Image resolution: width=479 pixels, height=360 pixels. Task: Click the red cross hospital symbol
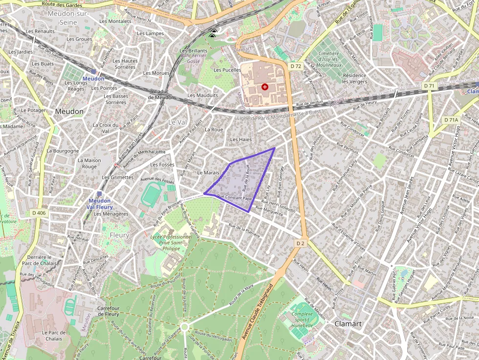point(265,87)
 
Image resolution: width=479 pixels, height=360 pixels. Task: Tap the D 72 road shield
point(295,66)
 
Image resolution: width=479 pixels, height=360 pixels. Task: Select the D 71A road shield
point(451,120)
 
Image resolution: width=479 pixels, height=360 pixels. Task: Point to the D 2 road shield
point(300,243)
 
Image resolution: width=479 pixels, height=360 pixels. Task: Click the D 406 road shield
point(39,212)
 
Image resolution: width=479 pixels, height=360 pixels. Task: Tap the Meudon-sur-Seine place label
point(68,18)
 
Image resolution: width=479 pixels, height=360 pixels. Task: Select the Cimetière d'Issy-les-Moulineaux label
point(329,59)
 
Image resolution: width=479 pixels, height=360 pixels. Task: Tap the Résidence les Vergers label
point(354,78)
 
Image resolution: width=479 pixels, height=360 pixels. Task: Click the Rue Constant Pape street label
point(234,197)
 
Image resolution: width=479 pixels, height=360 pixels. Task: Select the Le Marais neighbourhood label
point(208,173)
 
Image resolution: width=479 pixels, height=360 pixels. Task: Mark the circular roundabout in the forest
point(184,326)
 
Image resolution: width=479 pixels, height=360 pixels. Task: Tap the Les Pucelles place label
point(227,70)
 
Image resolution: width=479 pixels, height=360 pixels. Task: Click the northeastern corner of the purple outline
point(274,148)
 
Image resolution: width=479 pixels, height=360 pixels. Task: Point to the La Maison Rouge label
point(89,163)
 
